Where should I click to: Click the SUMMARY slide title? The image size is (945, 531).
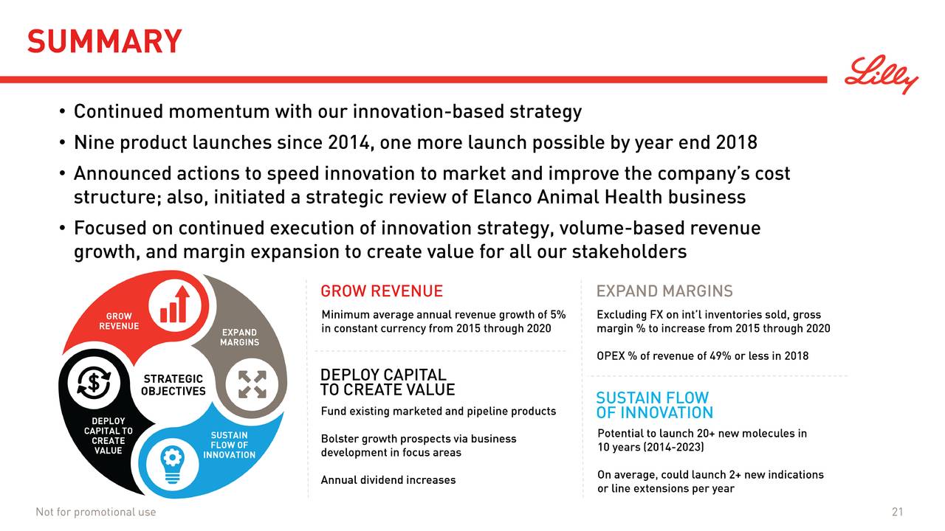point(105,41)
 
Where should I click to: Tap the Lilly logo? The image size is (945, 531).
point(882,74)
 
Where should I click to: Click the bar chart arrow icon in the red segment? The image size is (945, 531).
point(175,305)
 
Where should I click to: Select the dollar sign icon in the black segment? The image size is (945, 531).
point(94,383)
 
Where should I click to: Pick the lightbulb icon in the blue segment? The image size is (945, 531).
point(173,465)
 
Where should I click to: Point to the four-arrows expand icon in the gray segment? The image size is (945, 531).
point(252,384)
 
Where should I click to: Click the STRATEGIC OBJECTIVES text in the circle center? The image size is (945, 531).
point(173,385)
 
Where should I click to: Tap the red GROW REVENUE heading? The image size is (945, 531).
point(382,291)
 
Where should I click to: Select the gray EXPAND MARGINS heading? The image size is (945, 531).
point(664,291)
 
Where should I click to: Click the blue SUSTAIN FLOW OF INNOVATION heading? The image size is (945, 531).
point(654,405)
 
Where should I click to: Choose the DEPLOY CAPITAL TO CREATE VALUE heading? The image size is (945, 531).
point(388,382)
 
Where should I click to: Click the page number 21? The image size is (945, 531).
point(897,512)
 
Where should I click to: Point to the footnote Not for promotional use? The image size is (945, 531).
point(96,512)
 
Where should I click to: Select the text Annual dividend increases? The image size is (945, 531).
point(388,480)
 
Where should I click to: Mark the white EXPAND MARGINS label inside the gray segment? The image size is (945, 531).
point(240,337)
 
